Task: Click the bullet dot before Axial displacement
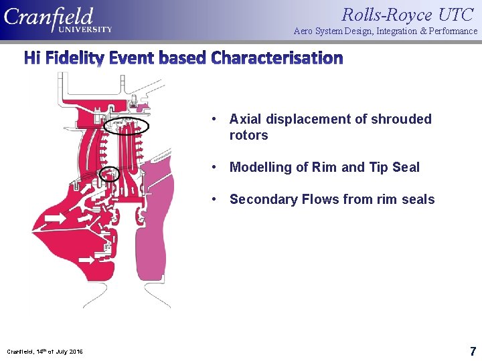pyautogui.click(x=212, y=119)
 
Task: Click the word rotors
pyautogui.click(x=248, y=135)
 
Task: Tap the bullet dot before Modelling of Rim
pyautogui.click(x=212, y=167)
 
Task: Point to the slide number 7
pyautogui.click(x=473, y=351)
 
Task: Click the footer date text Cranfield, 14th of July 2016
pyautogui.click(x=45, y=352)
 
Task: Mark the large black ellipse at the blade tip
pyautogui.click(x=127, y=125)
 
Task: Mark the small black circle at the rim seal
pyautogui.click(x=108, y=174)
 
